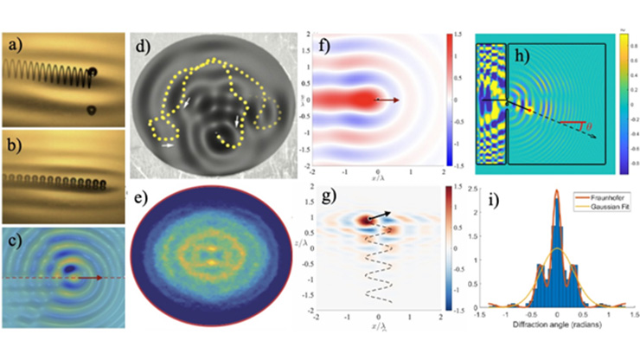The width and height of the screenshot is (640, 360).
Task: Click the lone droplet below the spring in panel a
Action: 91,111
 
